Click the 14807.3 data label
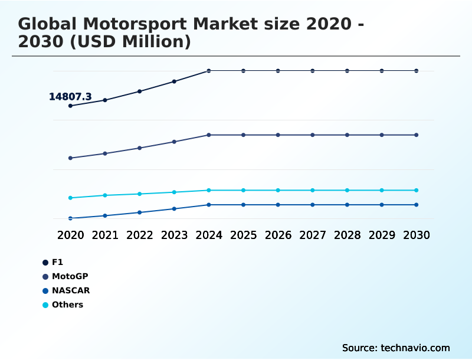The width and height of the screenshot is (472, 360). point(70,96)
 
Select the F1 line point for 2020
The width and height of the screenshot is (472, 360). point(70,106)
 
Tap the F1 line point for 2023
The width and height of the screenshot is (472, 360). point(174,81)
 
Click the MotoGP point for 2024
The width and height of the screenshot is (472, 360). point(209,135)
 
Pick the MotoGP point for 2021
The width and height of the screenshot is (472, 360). point(105,153)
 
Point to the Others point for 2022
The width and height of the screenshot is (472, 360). point(140,194)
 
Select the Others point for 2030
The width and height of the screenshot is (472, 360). point(417,190)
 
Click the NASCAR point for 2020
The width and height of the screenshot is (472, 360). point(70,218)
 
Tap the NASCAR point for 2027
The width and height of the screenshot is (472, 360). point(313,205)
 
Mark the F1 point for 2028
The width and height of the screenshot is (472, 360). point(347,71)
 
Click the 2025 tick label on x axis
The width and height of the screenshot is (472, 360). point(243,235)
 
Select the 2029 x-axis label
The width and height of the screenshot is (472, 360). point(382,235)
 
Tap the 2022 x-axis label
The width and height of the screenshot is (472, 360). point(140,235)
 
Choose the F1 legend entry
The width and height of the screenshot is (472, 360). point(57,262)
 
